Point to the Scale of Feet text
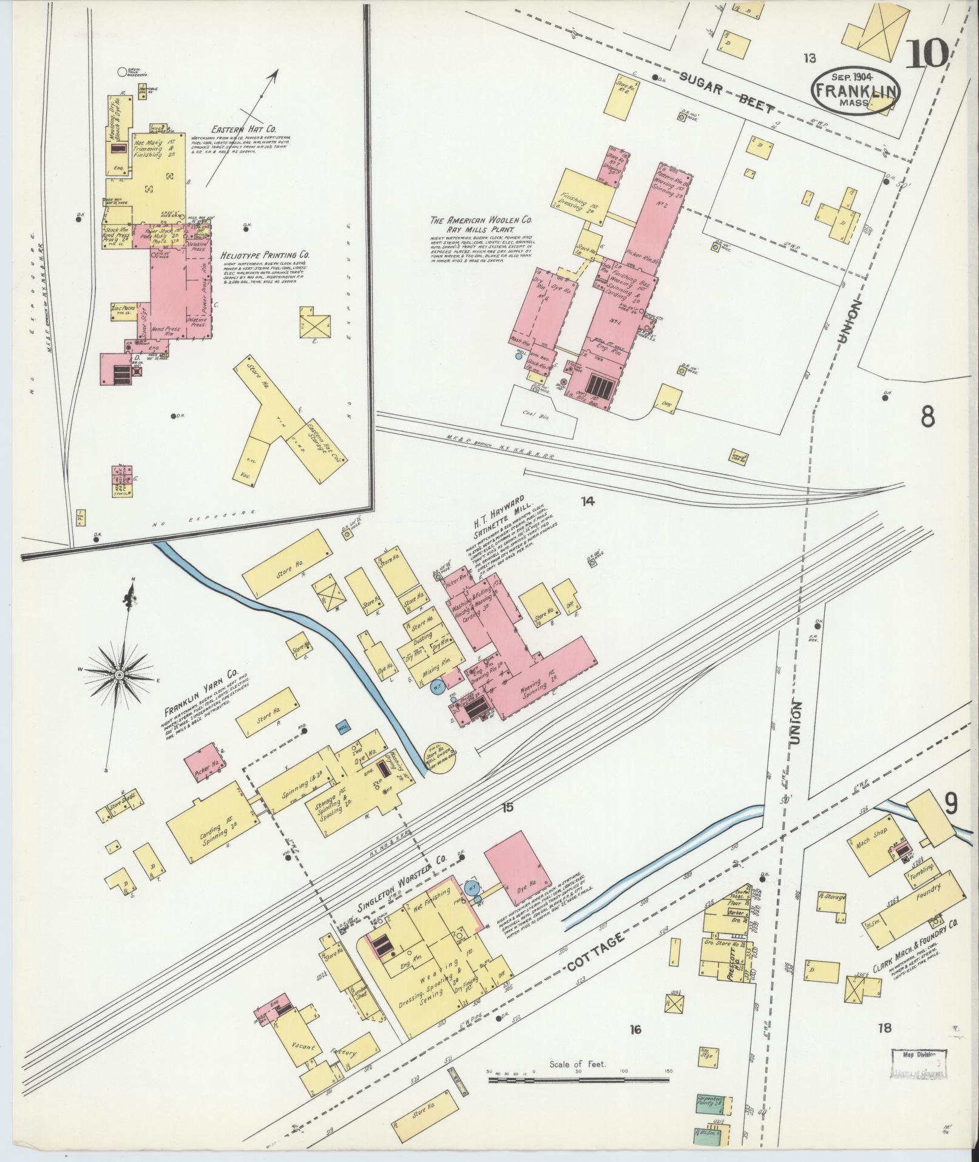578,1065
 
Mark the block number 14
587,502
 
